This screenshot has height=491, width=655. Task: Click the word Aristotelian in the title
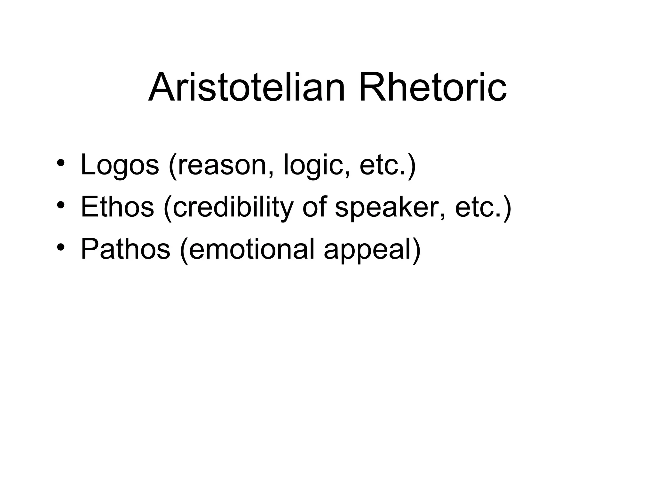point(246,87)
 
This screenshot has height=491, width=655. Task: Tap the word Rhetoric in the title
point(432,87)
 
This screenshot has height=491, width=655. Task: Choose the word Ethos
point(117,207)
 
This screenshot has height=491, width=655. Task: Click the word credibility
point(233,207)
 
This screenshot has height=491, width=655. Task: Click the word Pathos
point(125,249)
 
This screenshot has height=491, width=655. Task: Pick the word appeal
point(367,249)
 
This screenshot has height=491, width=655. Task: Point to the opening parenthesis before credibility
point(168,208)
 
